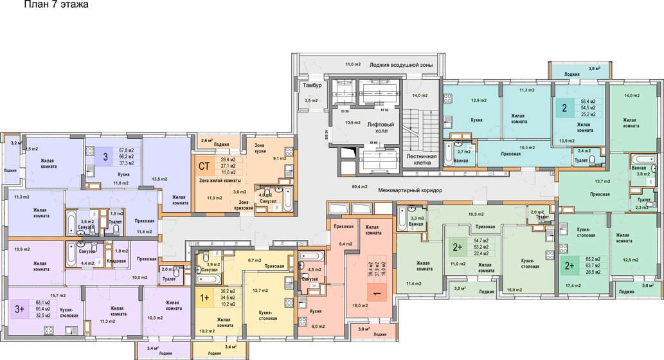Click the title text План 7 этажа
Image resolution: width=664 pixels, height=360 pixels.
click(x=56, y=5)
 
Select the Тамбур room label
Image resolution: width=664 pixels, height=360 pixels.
click(x=312, y=85)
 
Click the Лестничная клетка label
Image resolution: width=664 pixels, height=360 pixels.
click(x=422, y=159)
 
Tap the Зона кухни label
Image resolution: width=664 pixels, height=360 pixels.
click(x=255, y=149)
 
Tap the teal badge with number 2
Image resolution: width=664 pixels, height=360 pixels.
click(x=564, y=108)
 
